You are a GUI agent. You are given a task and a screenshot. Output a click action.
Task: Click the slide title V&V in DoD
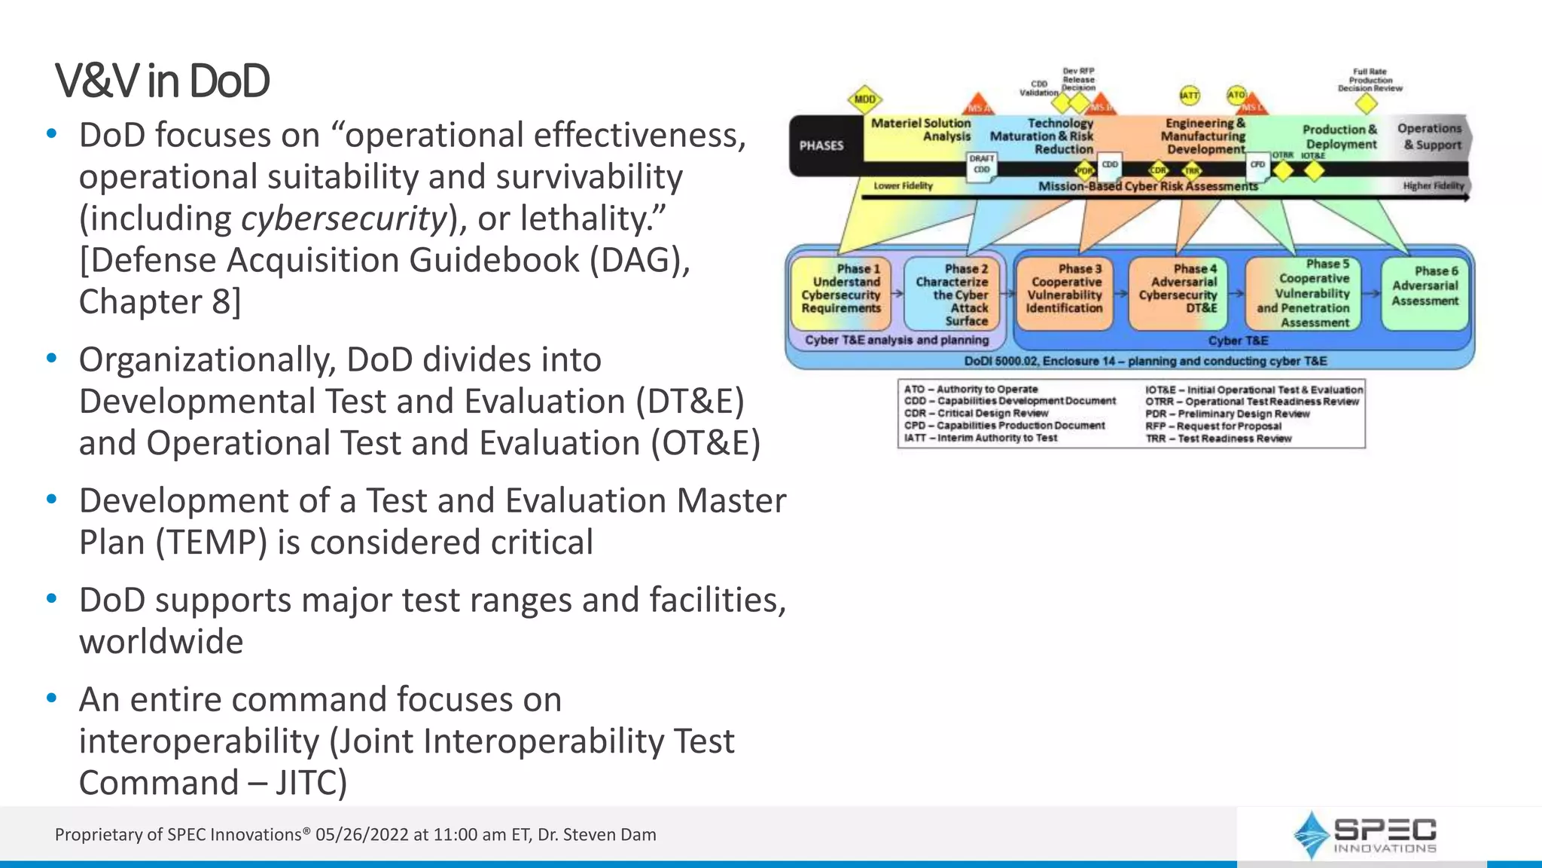[162, 81]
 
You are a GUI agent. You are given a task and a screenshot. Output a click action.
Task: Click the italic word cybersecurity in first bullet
[344, 219]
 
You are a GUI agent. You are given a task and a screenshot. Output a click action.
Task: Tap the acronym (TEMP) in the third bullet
[212, 542]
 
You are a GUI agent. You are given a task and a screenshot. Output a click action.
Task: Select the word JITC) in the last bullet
[311, 783]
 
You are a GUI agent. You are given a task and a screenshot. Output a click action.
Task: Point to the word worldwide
[161, 642]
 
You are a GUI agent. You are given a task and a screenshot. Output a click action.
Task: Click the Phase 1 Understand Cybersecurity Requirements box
[840, 293]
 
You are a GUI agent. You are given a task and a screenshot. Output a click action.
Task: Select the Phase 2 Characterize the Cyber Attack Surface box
[954, 294]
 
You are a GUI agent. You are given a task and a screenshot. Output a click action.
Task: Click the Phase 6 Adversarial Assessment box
[1425, 292]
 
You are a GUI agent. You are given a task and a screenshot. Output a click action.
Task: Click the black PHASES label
[821, 145]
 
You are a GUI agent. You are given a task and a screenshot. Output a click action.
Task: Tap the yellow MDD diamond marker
[864, 99]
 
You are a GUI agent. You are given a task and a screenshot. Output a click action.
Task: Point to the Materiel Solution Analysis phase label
[921, 130]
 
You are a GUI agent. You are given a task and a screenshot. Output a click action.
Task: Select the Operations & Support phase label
[1429, 136]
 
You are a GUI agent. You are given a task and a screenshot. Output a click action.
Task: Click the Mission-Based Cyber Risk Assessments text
[1147, 186]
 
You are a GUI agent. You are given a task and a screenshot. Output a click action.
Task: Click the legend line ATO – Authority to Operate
[971, 389]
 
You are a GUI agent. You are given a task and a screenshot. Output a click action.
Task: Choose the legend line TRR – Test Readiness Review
[1218, 439]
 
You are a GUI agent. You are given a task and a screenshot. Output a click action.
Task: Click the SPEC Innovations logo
[1364, 835]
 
